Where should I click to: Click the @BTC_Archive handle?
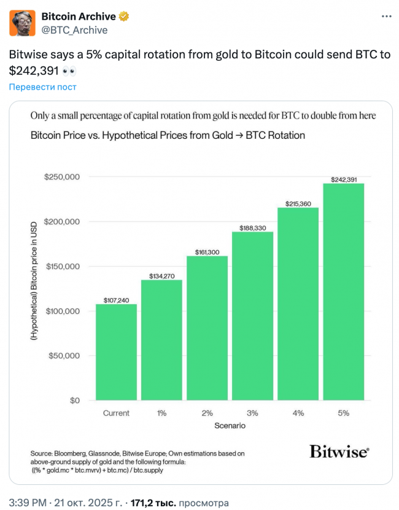(74, 30)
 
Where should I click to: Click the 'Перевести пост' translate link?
(42, 87)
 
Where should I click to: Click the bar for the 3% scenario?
(252, 316)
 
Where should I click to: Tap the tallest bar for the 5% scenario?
(343, 292)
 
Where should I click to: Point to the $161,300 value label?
(207, 252)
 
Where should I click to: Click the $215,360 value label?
(298, 203)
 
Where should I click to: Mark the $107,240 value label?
(116, 300)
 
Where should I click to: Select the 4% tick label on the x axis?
(298, 413)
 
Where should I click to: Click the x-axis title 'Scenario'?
(230, 425)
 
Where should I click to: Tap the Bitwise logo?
(339, 452)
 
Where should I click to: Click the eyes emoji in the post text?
(69, 71)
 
